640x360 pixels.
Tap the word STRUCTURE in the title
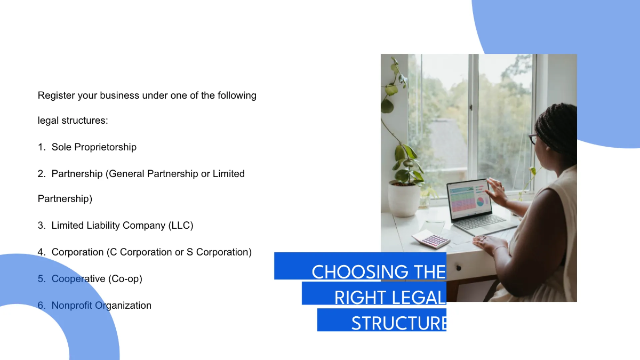coord(398,323)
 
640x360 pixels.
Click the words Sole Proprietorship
coord(94,147)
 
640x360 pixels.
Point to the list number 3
coord(41,226)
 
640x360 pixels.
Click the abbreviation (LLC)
coord(181,226)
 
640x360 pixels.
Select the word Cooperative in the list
coord(78,279)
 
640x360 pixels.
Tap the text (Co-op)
coord(125,279)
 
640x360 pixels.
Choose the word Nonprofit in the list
coord(72,306)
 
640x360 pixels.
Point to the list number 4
coord(41,252)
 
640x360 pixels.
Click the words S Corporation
coord(219,252)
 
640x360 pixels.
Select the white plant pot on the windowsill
coord(404,198)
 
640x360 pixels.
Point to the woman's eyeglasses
coord(533,139)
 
